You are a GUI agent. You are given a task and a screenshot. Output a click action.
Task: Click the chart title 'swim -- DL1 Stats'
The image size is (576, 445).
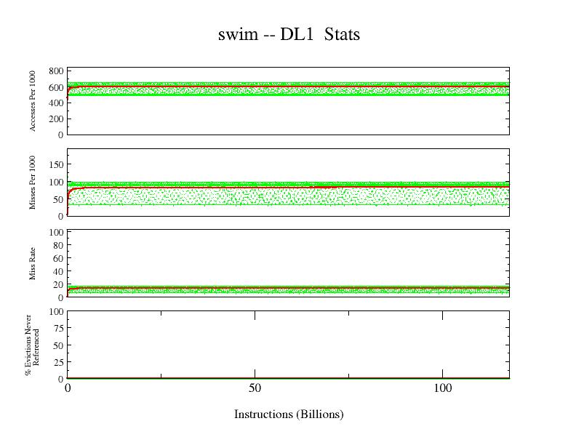point(289,34)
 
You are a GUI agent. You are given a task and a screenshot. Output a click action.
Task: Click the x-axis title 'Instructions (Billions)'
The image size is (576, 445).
point(289,414)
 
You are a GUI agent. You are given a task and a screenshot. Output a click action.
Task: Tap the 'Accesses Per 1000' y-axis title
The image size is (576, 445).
point(33,100)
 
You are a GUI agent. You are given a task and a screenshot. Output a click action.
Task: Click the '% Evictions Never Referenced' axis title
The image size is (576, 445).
point(31,345)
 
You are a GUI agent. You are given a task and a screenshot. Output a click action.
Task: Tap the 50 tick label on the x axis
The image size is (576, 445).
point(255,389)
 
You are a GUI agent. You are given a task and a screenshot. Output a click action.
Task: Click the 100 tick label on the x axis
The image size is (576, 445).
point(442,389)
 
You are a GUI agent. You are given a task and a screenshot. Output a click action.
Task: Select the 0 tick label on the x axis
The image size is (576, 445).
point(68,389)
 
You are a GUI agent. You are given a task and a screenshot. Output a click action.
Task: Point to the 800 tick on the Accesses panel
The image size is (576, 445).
point(56,71)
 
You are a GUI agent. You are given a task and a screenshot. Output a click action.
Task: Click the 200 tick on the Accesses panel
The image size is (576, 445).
point(56,119)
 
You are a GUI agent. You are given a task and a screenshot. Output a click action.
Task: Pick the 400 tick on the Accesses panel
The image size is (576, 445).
point(56,103)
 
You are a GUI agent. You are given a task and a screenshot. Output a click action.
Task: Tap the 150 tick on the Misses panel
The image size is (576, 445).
point(56,165)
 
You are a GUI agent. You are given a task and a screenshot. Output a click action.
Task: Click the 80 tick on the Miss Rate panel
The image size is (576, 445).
point(58,246)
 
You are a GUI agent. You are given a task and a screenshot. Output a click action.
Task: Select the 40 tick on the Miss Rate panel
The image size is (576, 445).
point(58,271)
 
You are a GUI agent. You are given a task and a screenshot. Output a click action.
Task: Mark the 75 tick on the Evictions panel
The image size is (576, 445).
point(58,329)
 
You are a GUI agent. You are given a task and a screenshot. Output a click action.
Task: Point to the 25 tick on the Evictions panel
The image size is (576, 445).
point(58,362)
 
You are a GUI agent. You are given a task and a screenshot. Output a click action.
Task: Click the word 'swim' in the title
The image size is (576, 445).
point(236,34)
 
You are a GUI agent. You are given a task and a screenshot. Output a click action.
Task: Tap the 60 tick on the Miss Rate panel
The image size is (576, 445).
point(58,258)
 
